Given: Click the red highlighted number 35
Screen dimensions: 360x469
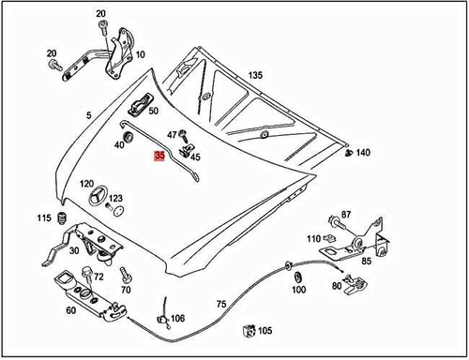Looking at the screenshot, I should [159, 158].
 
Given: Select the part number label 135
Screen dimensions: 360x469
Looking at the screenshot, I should [255, 75].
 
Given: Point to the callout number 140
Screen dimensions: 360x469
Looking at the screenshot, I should [363, 152].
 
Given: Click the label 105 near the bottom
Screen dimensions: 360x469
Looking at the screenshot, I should [265, 331].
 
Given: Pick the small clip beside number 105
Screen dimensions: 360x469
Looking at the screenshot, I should [248, 329].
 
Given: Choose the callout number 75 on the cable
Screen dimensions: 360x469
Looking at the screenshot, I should [220, 304].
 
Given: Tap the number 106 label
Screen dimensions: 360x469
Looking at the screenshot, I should [177, 319].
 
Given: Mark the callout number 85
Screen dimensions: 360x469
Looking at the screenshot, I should [366, 262].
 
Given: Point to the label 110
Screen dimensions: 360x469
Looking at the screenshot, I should [312, 237].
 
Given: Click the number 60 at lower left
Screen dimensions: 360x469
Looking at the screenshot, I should [70, 310].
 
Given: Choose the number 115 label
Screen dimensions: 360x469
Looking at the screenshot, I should [44, 218].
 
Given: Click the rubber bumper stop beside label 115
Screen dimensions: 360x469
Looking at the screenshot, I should [62, 219].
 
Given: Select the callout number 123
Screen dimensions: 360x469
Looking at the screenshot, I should [115, 199].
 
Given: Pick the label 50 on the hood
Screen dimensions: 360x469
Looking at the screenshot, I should [153, 112].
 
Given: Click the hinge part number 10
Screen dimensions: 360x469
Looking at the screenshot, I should [140, 55].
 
